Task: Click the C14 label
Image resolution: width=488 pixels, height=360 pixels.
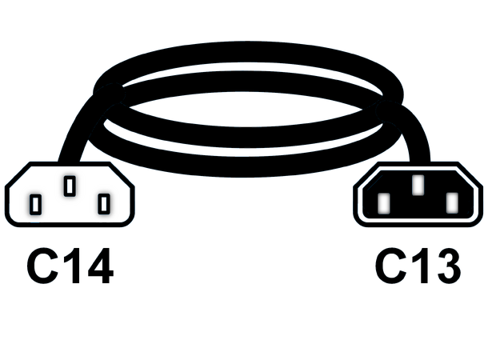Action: pyautogui.click(x=70, y=266)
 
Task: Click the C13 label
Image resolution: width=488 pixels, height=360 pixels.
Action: pyautogui.click(x=418, y=266)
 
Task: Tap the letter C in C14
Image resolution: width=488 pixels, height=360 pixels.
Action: pyautogui.click(x=42, y=266)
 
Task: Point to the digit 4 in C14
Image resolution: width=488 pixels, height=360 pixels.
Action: pyautogui.click(x=101, y=266)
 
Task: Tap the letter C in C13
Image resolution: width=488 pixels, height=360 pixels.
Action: pyautogui.click(x=390, y=266)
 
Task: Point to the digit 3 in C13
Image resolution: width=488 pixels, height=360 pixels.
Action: pyautogui.click(x=448, y=266)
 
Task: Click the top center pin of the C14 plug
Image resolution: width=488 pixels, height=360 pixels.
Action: pyautogui.click(x=70, y=186)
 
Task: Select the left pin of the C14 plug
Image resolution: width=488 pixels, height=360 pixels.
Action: pyautogui.click(x=35, y=205)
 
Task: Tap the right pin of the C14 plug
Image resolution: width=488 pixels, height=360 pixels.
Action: pyautogui.click(x=104, y=204)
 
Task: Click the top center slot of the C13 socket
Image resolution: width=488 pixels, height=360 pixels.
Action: pyautogui.click(x=418, y=185)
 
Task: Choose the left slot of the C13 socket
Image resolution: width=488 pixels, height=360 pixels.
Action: pyautogui.click(x=384, y=203)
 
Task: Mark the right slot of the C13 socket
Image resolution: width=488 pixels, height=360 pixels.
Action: pyautogui.click(x=452, y=203)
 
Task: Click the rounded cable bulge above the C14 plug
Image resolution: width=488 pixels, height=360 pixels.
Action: pyautogui.click(x=110, y=94)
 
